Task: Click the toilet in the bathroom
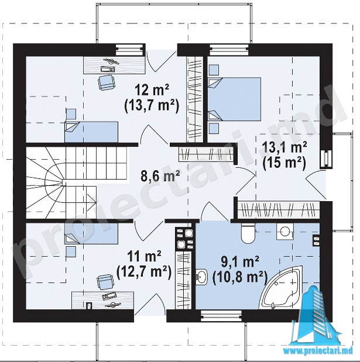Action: click(248, 233)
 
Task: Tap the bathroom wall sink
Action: click(202, 277)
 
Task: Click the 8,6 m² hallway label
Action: click(160, 177)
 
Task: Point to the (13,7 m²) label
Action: click(152, 106)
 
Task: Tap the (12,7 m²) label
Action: click(144, 271)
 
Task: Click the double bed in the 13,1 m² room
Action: click(234, 99)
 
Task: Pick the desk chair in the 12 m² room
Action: click(106, 82)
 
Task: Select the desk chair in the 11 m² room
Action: click(105, 282)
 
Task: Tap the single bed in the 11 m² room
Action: click(91, 233)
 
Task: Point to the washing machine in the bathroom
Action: click(284, 232)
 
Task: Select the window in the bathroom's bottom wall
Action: click(221, 316)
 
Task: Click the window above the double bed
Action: click(229, 50)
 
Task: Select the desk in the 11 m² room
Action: click(102, 300)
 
